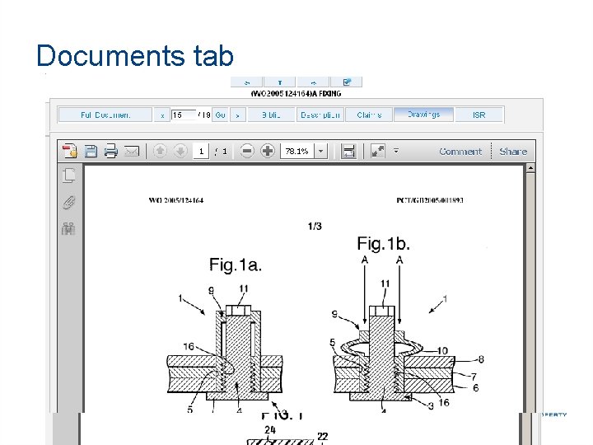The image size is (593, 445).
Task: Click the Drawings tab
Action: (x=423, y=115)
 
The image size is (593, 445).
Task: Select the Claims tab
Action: (x=368, y=115)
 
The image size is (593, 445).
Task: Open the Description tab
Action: (x=320, y=115)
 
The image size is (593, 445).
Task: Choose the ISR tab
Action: (x=479, y=115)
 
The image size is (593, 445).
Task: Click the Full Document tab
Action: (x=105, y=115)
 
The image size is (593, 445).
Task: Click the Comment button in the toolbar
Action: (x=460, y=152)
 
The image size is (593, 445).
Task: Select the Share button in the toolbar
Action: (x=513, y=152)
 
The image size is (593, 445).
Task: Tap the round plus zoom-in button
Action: (x=268, y=152)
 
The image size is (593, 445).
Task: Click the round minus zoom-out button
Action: (x=247, y=152)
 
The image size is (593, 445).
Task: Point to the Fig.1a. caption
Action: (x=236, y=265)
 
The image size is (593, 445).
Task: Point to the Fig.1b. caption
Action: (x=383, y=243)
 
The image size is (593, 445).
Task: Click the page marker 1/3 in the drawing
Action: (x=314, y=225)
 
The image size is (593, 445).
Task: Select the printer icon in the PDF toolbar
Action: (x=110, y=152)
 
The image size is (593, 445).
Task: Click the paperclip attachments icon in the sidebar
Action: (x=69, y=202)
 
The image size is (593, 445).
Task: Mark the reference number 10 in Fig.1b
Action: (x=442, y=351)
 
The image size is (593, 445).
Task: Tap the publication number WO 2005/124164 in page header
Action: (x=176, y=200)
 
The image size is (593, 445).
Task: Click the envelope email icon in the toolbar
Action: (x=131, y=152)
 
